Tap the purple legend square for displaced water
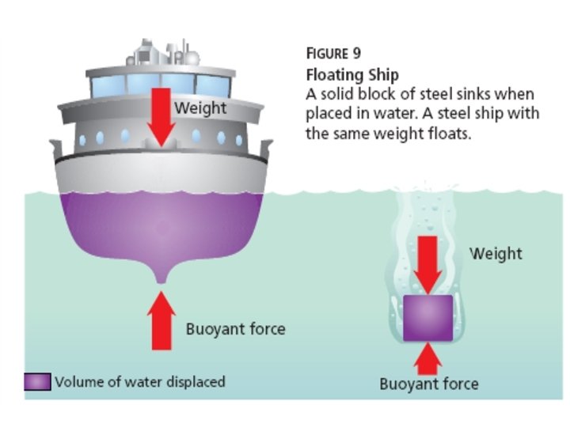point(37,382)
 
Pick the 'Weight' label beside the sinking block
point(496,253)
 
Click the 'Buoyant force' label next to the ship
point(235,328)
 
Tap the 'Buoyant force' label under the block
point(428,384)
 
